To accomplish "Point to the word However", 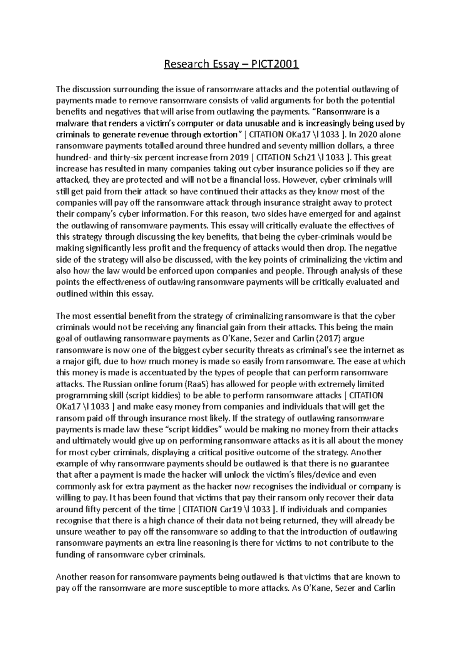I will [x=300, y=180].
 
